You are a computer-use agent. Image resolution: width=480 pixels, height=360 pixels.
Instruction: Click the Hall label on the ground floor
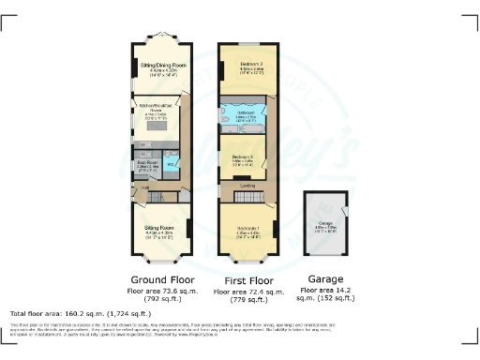click(145, 186)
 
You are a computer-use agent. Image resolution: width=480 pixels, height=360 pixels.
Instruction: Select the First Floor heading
click(247, 279)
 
